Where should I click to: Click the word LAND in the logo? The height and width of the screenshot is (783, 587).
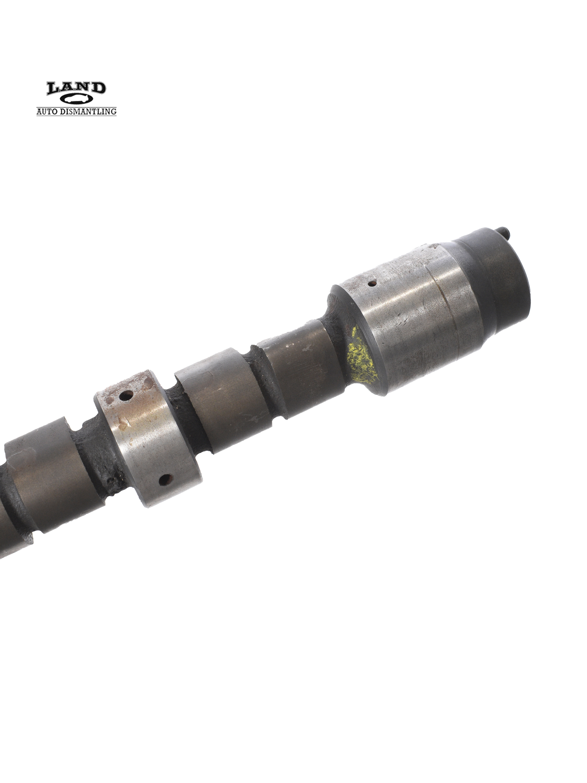coord(76,88)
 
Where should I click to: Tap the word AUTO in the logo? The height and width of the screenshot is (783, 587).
coord(48,112)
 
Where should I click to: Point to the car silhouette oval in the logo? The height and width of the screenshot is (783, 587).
coord(76,100)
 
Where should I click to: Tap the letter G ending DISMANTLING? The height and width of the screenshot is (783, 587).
coord(113,112)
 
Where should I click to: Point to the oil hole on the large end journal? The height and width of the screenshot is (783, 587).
coord(372,283)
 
